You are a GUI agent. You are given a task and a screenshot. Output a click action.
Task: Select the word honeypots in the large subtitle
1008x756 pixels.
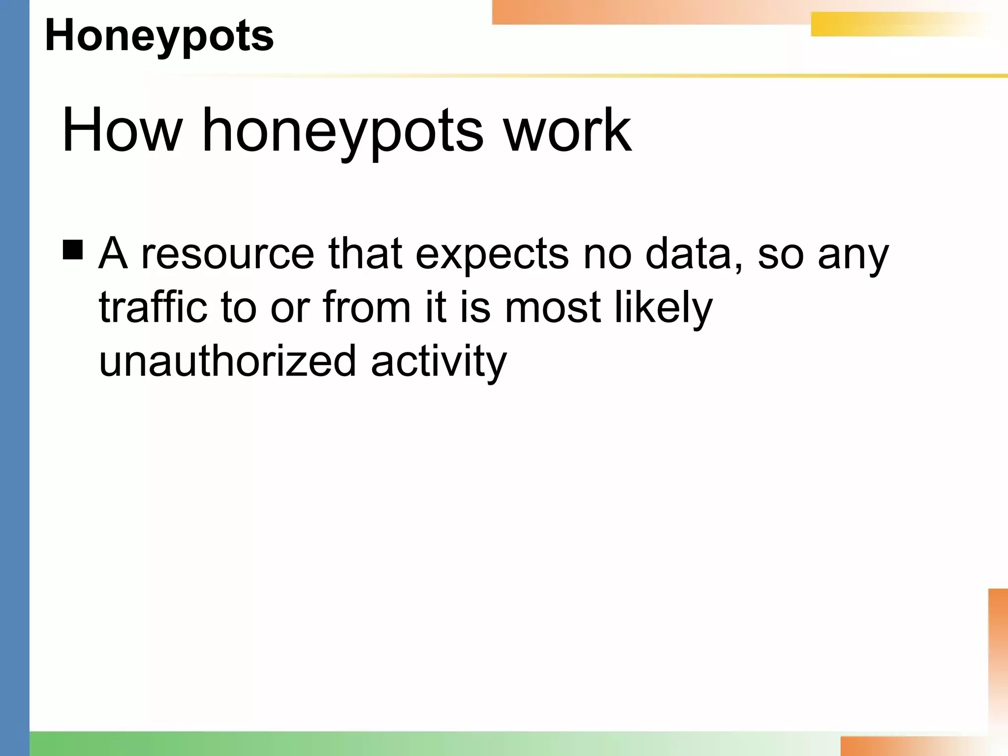[343, 131]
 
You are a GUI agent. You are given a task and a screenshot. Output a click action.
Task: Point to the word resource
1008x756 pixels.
[227, 254]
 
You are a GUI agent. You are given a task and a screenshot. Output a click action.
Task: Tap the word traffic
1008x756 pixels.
[153, 307]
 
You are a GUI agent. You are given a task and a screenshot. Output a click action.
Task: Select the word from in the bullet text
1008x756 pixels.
[367, 307]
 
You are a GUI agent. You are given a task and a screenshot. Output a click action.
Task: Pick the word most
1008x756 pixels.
[553, 308]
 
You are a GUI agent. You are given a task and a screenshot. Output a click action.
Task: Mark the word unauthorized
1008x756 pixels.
[227, 360]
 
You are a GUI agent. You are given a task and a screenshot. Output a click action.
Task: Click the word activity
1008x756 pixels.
[439, 361]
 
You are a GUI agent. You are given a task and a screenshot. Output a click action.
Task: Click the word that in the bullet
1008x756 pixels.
[365, 254]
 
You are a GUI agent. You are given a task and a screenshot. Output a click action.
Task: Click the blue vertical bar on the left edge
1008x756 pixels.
[15, 378]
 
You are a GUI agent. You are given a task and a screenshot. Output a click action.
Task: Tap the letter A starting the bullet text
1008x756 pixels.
[113, 254]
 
